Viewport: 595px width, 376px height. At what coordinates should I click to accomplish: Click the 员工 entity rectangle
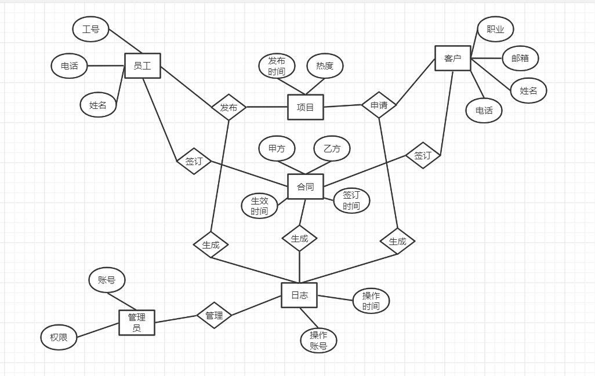pyautogui.click(x=142, y=66)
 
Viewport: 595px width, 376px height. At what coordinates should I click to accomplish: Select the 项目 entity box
pyautogui.click(x=305, y=107)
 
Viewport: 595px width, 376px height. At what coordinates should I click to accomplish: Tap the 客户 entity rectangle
pyautogui.click(x=452, y=59)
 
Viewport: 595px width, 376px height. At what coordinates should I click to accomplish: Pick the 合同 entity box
pyautogui.click(x=305, y=187)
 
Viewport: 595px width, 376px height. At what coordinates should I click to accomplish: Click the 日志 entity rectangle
pyautogui.click(x=299, y=295)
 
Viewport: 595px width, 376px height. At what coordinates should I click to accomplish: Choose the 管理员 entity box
pyautogui.click(x=137, y=322)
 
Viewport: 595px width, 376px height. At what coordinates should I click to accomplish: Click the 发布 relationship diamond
pyautogui.click(x=228, y=107)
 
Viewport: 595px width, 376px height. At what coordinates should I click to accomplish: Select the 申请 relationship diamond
pyautogui.click(x=379, y=105)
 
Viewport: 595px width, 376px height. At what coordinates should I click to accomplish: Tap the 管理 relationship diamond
pyautogui.click(x=214, y=315)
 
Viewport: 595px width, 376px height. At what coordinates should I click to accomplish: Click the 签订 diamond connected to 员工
pyautogui.click(x=194, y=161)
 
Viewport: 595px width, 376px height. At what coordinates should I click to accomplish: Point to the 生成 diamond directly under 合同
pyautogui.click(x=299, y=238)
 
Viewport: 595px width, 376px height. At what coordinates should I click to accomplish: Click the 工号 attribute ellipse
pyautogui.click(x=90, y=30)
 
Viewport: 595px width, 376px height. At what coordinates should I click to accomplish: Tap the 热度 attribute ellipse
pyautogui.click(x=325, y=66)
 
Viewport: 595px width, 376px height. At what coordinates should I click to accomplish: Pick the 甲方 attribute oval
pyautogui.click(x=277, y=149)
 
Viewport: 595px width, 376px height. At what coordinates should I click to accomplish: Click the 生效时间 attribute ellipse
pyautogui.click(x=259, y=206)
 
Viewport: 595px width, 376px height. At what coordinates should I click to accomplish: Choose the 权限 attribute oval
pyautogui.click(x=59, y=337)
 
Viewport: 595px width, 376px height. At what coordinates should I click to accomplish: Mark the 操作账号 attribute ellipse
pyautogui.click(x=318, y=341)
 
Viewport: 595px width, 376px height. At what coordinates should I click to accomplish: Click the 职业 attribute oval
pyautogui.click(x=495, y=30)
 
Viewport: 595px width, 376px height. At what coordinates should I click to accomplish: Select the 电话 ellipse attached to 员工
pyautogui.click(x=69, y=66)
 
